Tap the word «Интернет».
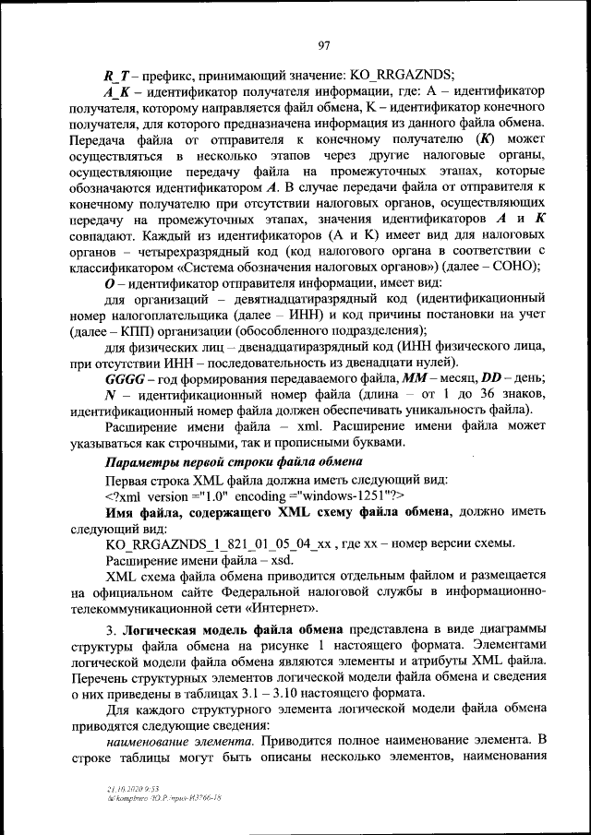tap(280, 609)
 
